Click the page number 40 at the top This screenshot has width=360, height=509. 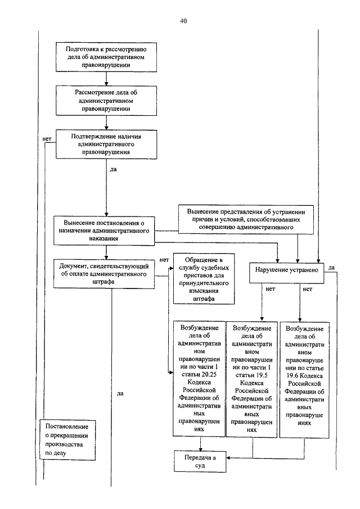point(183,21)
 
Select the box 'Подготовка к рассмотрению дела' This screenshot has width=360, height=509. point(106,57)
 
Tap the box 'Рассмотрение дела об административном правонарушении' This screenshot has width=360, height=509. point(106,101)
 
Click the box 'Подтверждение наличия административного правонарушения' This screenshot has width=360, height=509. point(106,144)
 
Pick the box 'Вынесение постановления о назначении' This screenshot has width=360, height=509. point(104,231)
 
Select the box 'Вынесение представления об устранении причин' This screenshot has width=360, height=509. point(246,219)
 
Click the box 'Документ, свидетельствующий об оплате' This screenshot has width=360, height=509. point(104,274)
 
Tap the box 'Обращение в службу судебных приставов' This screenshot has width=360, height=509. point(204,279)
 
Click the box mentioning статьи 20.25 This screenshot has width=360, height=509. point(199,379)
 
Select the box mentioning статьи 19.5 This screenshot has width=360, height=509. point(251,380)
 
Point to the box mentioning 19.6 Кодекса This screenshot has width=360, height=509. point(304,380)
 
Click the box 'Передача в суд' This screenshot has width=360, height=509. point(200,461)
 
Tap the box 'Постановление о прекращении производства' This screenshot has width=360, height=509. point(67,439)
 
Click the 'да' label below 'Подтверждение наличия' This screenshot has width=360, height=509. point(113,169)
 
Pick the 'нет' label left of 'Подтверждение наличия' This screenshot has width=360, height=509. point(47,139)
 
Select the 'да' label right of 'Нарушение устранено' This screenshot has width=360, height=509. point(331,268)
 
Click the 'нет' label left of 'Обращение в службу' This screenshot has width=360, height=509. point(164,260)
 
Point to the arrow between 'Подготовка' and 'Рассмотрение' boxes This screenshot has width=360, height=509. point(106,79)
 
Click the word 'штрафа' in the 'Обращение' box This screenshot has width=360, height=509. point(204,299)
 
